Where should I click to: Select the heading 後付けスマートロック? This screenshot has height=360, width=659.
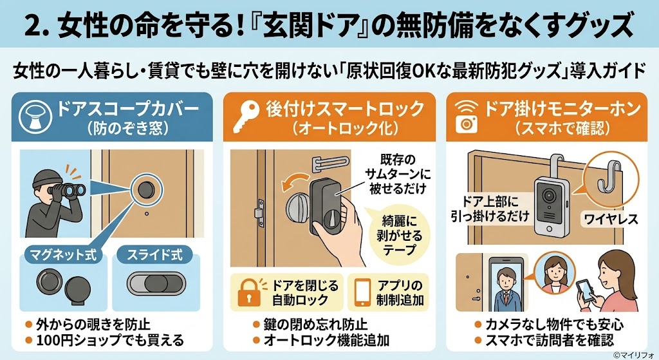click(x=346, y=108)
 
